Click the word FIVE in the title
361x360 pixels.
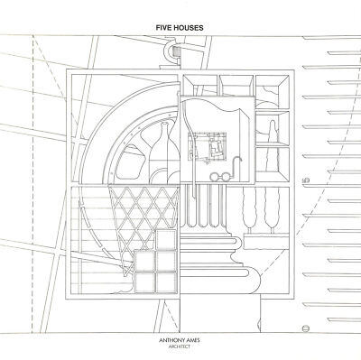163,28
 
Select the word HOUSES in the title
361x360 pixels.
188,28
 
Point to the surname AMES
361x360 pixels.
194,341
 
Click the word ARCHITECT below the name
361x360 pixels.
180,346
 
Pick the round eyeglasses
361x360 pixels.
221,177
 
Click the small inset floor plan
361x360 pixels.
207,146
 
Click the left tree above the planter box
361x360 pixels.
250,209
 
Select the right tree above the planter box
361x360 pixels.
272,209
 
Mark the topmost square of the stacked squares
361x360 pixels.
166,240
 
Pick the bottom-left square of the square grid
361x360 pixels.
144,282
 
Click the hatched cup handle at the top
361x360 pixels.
172,51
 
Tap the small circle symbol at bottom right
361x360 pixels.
306,328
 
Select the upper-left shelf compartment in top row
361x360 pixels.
199,85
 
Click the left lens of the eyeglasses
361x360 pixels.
215,177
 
